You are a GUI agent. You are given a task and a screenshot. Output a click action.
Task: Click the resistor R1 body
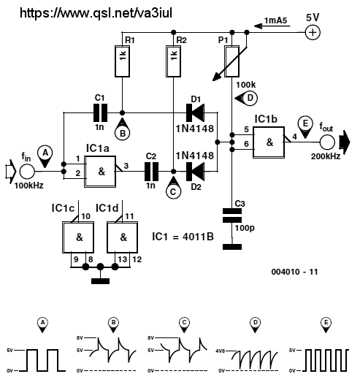[122, 61]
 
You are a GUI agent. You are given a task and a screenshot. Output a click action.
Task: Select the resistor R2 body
[173, 61]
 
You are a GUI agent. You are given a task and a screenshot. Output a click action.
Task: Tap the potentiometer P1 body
[231, 61]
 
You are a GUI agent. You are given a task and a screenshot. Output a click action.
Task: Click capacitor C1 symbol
[100, 112]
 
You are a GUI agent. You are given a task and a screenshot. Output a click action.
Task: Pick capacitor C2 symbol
[151, 172]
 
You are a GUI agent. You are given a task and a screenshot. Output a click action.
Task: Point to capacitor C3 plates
[232, 215]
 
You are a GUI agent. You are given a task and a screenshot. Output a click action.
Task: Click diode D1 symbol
[195, 112]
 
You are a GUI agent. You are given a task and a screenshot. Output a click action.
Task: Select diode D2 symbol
[195, 172]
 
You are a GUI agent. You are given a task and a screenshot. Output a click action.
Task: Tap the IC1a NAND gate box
[100, 172]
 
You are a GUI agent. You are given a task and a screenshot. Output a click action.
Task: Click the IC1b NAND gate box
[269, 142]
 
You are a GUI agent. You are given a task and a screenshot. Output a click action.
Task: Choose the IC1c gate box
[78, 237]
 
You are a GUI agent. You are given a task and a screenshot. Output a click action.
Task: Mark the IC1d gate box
[122, 237]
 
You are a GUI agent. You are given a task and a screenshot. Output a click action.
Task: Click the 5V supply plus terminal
[313, 32]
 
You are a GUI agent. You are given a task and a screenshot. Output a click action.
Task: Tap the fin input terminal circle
[27, 172]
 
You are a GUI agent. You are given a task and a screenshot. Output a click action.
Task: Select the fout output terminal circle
[327, 142]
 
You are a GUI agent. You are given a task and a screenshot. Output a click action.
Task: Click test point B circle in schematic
[123, 133]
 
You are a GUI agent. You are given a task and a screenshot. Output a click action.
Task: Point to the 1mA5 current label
[276, 20]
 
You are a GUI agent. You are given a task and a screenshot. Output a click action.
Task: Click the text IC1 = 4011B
[183, 237]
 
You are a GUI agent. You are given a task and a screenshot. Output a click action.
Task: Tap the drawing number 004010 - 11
[295, 272]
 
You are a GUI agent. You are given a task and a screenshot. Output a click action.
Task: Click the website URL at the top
[96, 13]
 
